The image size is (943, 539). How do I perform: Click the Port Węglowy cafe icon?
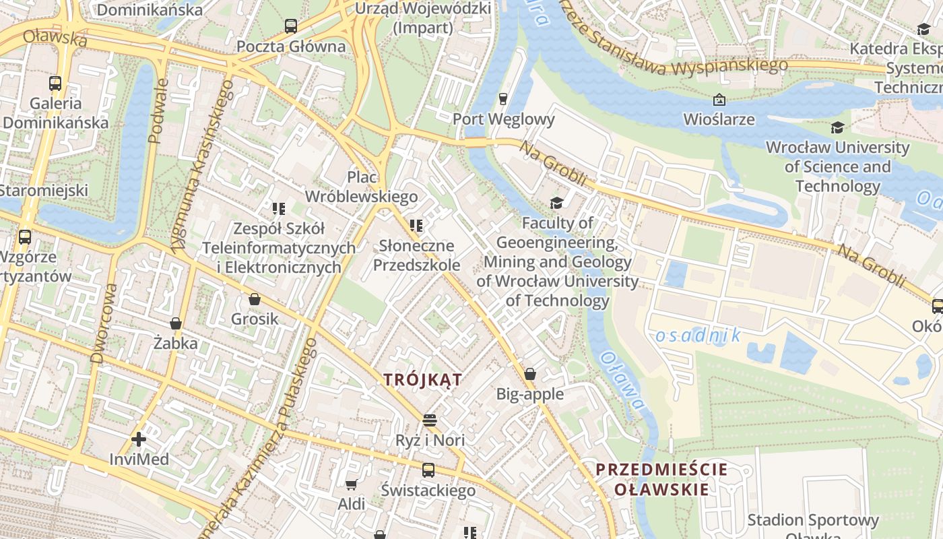(x=502, y=100)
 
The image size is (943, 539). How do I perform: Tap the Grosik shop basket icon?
(x=255, y=299)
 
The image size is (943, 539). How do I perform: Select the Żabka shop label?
(x=175, y=343)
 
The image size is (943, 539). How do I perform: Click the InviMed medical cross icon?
(x=139, y=440)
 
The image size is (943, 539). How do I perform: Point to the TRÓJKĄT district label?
(x=423, y=379)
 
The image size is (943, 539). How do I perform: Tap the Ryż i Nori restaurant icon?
(x=430, y=420)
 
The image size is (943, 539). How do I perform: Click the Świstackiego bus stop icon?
(x=428, y=470)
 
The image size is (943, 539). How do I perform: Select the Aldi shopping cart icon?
(x=351, y=484)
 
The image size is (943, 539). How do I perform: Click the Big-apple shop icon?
(x=530, y=374)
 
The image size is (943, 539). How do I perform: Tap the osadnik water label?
(x=698, y=335)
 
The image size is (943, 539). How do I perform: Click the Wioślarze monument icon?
(x=719, y=100)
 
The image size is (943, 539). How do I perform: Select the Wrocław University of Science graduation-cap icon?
(x=837, y=127)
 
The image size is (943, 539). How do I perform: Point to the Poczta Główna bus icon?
(x=291, y=26)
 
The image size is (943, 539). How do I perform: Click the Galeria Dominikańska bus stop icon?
(x=55, y=84)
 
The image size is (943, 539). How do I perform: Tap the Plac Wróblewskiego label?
(x=362, y=187)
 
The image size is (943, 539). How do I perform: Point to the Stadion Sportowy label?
(x=813, y=520)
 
